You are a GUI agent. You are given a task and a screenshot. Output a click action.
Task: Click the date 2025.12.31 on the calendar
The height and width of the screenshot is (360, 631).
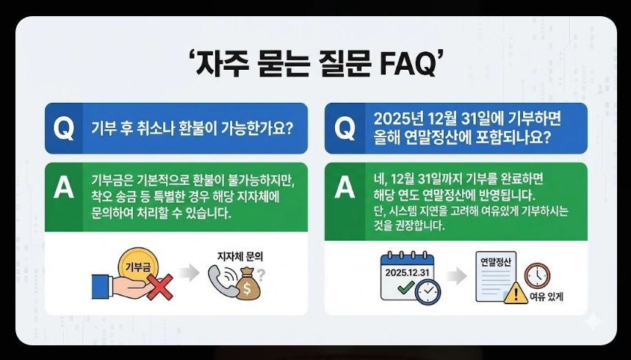tap(404, 273)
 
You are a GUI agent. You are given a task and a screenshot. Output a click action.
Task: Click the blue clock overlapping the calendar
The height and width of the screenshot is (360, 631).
tap(428, 292)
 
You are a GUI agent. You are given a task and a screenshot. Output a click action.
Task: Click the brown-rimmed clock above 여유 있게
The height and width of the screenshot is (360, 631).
tap(537, 274)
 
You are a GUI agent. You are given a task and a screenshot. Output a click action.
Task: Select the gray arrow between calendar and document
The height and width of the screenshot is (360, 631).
tap(456, 276)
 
